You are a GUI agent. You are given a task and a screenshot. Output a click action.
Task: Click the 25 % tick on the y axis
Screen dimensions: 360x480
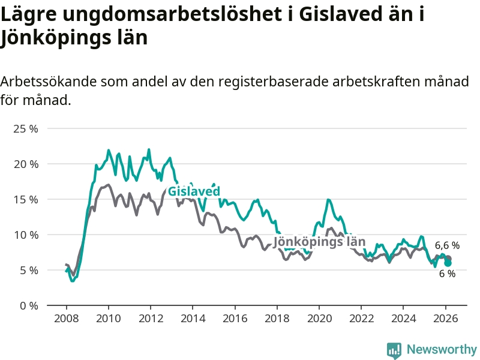click(x=25, y=129)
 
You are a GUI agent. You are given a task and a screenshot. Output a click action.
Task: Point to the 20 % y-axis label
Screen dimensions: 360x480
click(x=25, y=164)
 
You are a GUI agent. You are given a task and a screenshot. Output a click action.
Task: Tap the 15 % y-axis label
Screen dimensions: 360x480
click(x=25, y=200)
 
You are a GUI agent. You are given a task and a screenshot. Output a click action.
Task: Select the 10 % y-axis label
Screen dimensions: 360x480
click(x=25, y=235)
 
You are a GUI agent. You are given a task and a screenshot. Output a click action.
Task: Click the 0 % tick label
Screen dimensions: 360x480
click(x=28, y=306)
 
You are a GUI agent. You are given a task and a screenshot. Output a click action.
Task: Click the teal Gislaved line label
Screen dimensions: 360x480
click(x=194, y=191)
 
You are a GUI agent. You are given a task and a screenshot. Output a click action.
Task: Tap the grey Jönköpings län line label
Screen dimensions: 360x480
click(x=319, y=242)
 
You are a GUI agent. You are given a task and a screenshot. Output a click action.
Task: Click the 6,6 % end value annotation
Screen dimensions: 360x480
click(x=447, y=245)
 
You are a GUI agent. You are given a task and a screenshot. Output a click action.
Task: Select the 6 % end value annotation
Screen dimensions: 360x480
click(x=447, y=274)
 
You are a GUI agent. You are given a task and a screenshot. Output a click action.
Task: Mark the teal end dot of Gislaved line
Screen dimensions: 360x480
click(x=448, y=263)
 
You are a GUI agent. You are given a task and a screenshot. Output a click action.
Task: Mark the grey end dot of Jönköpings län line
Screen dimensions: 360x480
click(x=448, y=259)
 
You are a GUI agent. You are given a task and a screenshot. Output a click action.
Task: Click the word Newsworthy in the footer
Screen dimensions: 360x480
click(x=442, y=349)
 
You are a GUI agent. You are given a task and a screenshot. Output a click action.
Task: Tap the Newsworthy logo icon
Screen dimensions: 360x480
click(x=394, y=350)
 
